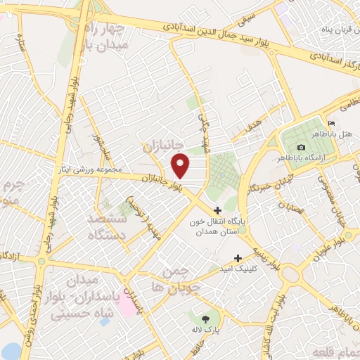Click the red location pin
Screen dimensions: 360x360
click(x=181, y=165)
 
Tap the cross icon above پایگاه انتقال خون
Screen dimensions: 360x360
click(x=217, y=210)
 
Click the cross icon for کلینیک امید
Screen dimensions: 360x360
click(x=238, y=258)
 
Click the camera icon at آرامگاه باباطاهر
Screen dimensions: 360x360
click(x=302, y=147)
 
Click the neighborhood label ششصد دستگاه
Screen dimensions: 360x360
click(x=107, y=227)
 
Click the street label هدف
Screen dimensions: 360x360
click(x=254, y=127)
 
